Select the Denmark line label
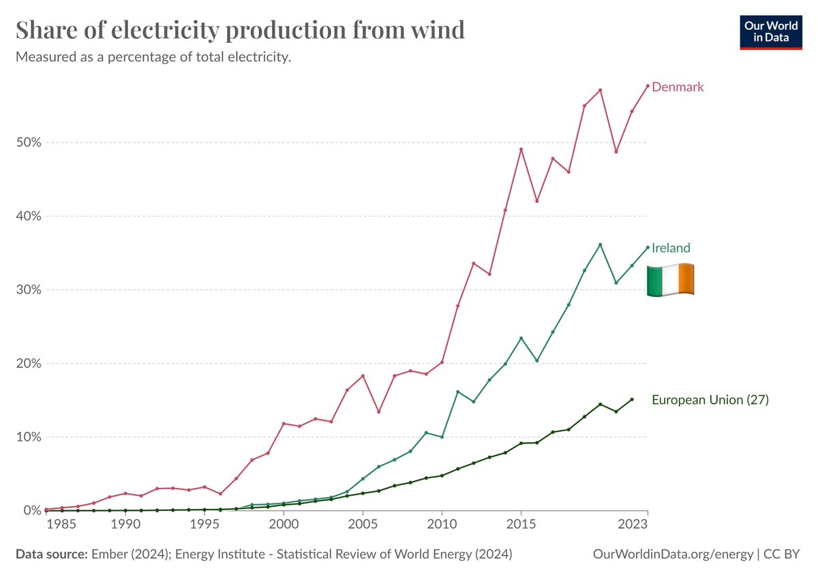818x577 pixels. coord(678,87)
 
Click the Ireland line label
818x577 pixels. coord(671,248)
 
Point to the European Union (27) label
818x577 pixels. coord(710,400)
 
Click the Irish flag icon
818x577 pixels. coord(670,279)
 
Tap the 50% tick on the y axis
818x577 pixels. coord(28,142)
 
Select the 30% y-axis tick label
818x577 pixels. coord(28,290)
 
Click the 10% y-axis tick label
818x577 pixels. coord(28,437)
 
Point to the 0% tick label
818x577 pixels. coord(31,510)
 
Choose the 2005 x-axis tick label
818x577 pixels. coord(363,525)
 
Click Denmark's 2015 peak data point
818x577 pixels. coord(521,150)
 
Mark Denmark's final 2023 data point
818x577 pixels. coord(648,86)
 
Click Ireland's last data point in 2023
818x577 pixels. coord(648,247)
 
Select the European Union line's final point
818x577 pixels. coord(632,399)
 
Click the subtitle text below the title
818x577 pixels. coord(153,57)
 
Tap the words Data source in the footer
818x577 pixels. coord(51,554)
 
